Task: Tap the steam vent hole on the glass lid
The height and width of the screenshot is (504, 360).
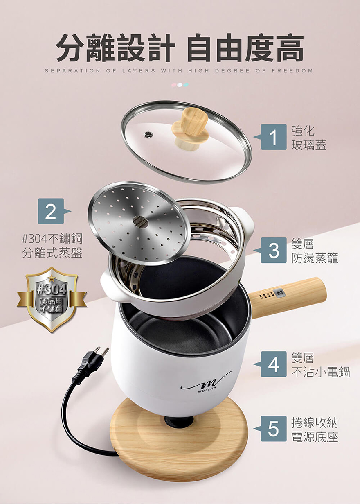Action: coord(148,134)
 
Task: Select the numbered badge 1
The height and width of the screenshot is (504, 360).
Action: coord(274,137)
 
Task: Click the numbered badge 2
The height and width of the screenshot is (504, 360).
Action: coord(51,211)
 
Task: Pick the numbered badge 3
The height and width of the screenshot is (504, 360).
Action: coord(274,250)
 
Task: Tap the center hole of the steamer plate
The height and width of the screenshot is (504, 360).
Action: coord(141,221)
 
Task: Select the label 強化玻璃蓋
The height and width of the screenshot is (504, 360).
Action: coord(309,138)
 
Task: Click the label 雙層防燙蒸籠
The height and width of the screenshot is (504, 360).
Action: coord(315,251)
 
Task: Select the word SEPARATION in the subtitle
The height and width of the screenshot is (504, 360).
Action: coord(72,71)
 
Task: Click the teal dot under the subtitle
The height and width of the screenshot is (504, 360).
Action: coord(186,85)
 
